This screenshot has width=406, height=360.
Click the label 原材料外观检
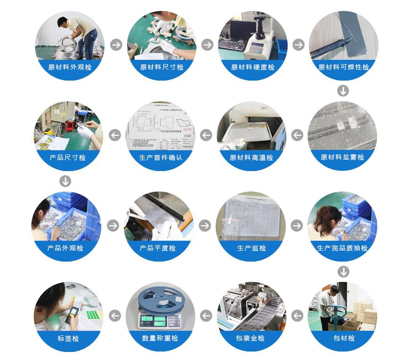(70, 67)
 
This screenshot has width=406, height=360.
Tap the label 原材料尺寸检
(161, 67)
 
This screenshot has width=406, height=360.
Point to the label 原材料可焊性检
(344, 67)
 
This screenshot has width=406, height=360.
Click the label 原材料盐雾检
(342, 157)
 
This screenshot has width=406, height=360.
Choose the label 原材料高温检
(251, 158)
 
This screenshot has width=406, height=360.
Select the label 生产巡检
(251, 248)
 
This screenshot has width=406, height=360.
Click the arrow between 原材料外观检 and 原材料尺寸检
(116, 45)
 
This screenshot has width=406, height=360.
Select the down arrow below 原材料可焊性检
(343, 90)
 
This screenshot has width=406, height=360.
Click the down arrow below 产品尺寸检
(66, 181)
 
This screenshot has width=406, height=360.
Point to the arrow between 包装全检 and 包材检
(297, 316)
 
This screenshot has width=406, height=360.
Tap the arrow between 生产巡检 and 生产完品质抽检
(297, 225)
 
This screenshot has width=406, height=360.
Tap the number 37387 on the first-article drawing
(187, 136)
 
